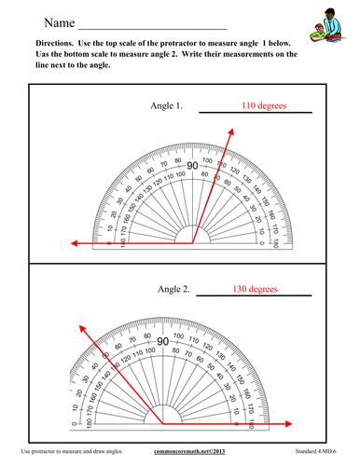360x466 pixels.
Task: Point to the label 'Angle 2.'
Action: point(173,290)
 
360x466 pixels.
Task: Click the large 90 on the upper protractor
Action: point(191,166)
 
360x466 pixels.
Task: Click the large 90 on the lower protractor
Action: point(161,342)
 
